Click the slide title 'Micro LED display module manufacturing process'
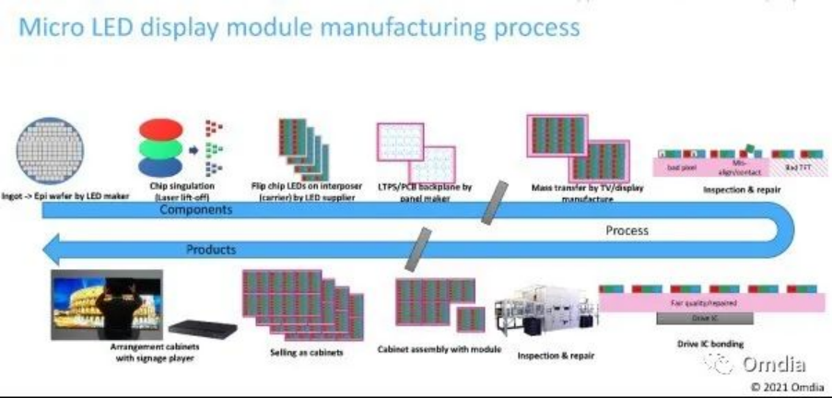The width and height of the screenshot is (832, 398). (x=299, y=27)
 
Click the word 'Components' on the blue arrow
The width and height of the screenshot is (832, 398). (x=195, y=210)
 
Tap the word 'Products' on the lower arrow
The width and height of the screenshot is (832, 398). (x=210, y=250)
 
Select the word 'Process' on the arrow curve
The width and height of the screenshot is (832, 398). (x=627, y=230)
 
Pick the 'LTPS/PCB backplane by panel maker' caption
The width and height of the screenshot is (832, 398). (x=425, y=192)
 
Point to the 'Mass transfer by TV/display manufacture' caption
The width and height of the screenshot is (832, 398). (x=586, y=193)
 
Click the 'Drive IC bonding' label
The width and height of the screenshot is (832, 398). (x=704, y=344)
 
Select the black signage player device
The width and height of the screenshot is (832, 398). (x=204, y=327)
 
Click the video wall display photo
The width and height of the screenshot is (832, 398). (x=107, y=305)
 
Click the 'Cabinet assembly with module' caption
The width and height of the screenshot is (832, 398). (x=439, y=350)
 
